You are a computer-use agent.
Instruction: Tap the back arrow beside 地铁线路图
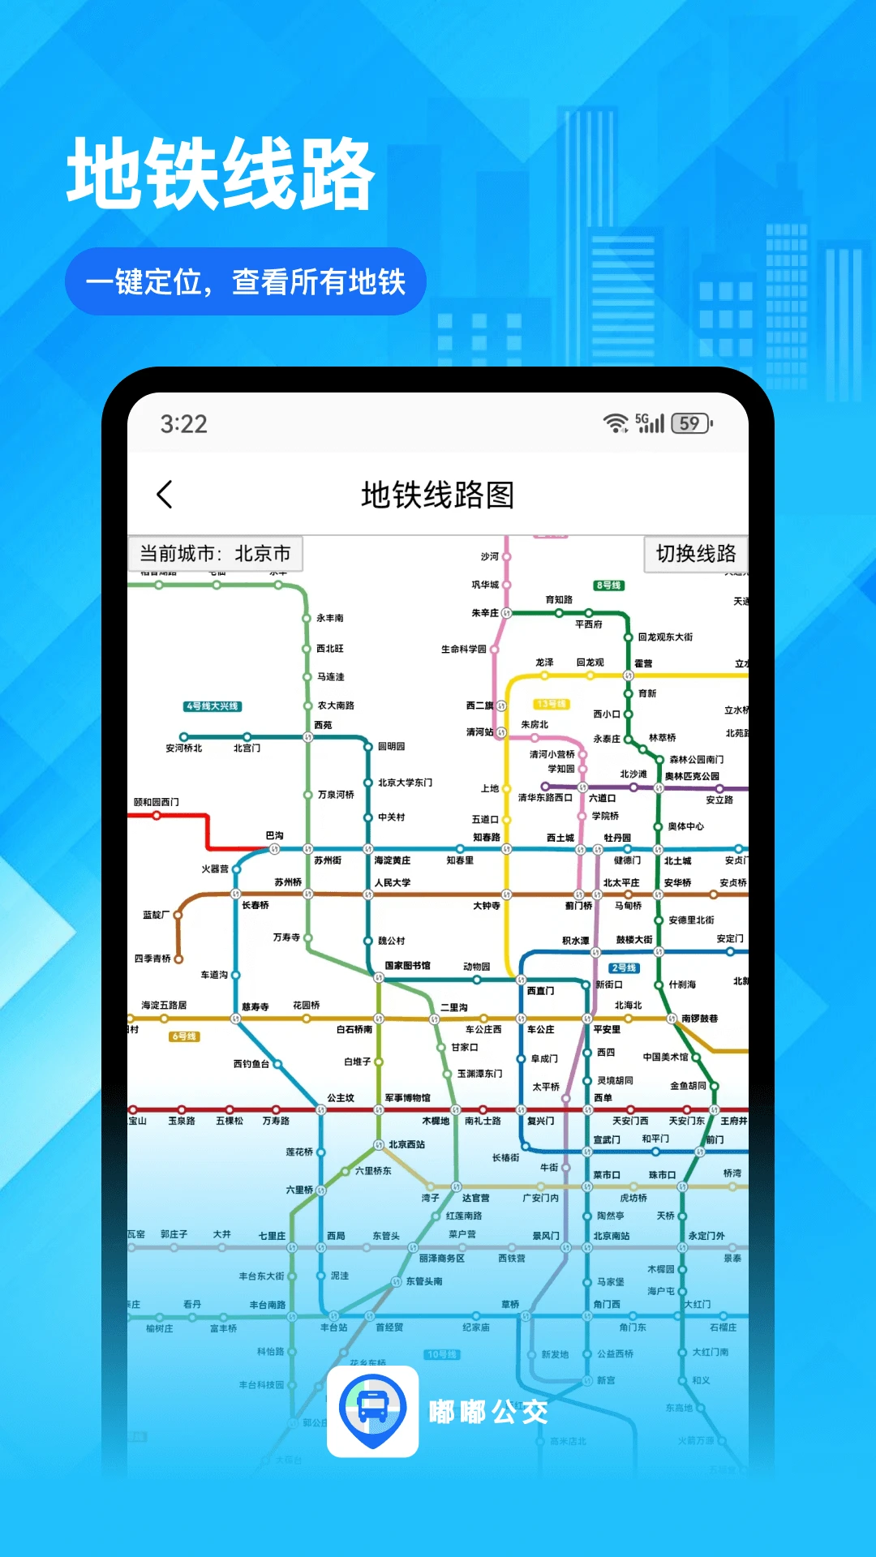(165, 494)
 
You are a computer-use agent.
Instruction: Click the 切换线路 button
(696, 554)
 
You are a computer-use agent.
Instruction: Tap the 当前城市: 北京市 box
(215, 554)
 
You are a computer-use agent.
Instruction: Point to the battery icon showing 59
(691, 423)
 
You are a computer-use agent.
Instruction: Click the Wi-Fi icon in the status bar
(616, 423)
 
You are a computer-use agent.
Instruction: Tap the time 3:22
(184, 424)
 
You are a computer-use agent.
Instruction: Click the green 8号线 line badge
(608, 585)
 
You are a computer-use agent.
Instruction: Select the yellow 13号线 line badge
(551, 704)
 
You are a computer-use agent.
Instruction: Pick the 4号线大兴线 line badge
(213, 706)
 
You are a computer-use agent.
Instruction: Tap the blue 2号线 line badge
(625, 968)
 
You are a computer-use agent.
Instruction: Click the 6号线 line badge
(184, 1036)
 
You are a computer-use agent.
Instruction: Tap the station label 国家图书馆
(407, 966)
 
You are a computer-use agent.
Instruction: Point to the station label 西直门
(541, 991)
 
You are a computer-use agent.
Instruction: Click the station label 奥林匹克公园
(692, 776)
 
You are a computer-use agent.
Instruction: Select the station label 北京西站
(406, 1145)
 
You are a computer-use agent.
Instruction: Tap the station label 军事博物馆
(407, 1098)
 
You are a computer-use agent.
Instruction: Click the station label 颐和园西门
(157, 802)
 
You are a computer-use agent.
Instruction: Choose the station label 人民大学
(393, 882)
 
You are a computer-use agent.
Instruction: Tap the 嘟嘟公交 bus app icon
(372, 1412)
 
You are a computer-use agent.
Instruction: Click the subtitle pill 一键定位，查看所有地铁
(246, 281)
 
